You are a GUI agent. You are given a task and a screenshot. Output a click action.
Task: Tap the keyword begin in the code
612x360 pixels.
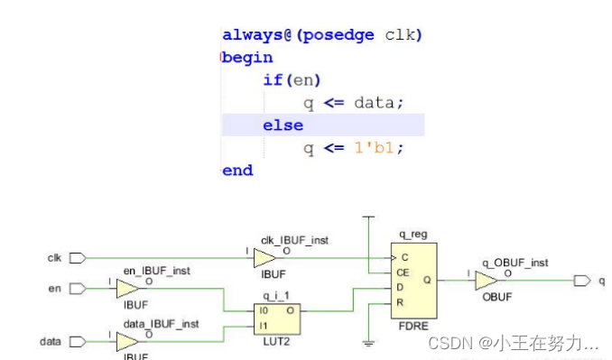click(x=247, y=58)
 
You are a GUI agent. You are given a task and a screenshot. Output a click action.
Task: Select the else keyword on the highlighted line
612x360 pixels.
click(x=283, y=125)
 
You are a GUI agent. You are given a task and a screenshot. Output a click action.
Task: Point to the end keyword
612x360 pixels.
click(x=237, y=171)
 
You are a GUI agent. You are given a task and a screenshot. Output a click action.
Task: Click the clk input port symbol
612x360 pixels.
click(x=78, y=258)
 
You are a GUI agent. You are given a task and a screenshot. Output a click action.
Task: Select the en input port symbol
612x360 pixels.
click(x=78, y=289)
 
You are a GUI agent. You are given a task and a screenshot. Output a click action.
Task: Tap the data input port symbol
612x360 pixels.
click(x=78, y=342)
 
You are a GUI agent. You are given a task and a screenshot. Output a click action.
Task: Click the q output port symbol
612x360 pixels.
click(x=582, y=281)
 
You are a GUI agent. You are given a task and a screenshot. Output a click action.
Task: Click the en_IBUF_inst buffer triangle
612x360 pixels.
click(x=127, y=289)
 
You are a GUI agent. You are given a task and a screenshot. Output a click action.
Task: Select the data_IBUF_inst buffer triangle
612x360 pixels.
click(x=127, y=342)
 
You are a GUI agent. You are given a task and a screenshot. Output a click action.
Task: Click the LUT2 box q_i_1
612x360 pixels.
click(x=277, y=318)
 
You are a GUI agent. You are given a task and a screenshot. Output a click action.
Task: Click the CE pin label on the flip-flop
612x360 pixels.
click(x=404, y=272)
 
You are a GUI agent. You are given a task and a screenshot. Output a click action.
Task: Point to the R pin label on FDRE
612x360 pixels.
click(x=402, y=302)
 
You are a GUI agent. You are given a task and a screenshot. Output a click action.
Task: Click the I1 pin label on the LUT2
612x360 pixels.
click(x=263, y=327)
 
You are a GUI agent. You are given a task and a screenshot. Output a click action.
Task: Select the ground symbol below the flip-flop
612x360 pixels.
click(x=368, y=344)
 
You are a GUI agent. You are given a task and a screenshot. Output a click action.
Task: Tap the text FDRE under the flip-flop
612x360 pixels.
click(x=416, y=327)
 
